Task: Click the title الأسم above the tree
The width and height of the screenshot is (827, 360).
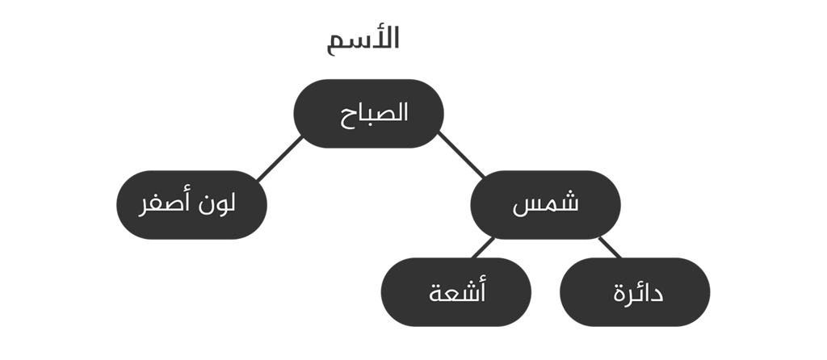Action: pos(363,40)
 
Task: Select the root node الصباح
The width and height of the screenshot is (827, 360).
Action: pos(368,114)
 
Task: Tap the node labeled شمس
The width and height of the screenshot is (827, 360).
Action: pos(545,205)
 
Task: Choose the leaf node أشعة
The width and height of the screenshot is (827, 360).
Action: pos(456,292)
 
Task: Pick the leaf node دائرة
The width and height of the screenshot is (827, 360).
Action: pos(635,292)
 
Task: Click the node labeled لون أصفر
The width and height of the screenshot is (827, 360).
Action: pos(192,205)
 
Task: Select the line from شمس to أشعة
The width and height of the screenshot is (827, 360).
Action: pos(482,249)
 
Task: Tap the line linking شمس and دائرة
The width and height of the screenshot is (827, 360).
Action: pos(610,247)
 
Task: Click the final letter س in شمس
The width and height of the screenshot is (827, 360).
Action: pos(523,207)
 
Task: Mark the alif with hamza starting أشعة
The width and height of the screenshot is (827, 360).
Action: pos(482,290)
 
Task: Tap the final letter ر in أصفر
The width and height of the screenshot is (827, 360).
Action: pos(142,209)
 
